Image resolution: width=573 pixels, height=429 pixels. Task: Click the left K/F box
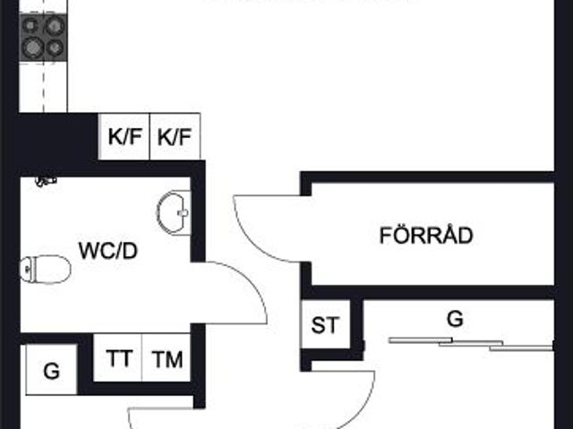(x=124, y=138)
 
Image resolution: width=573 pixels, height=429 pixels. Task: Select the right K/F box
(x=175, y=138)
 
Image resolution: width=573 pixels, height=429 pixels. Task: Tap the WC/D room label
(x=108, y=250)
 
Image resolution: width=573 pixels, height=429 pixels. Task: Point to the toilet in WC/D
(x=45, y=268)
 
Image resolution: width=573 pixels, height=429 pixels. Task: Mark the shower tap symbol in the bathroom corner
(x=45, y=181)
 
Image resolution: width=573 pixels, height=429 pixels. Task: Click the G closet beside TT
(x=51, y=369)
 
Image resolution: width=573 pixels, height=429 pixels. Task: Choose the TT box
(x=119, y=359)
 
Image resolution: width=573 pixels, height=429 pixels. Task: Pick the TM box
(x=167, y=359)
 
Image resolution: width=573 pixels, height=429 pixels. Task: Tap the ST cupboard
(x=325, y=325)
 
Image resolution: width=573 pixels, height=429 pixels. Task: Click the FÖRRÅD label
(x=426, y=237)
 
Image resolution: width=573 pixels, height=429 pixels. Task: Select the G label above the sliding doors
(x=455, y=319)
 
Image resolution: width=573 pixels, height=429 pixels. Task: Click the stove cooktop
(x=43, y=39)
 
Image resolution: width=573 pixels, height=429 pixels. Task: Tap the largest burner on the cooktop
(x=34, y=47)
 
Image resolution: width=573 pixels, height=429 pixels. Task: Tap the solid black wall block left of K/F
(x=58, y=137)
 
